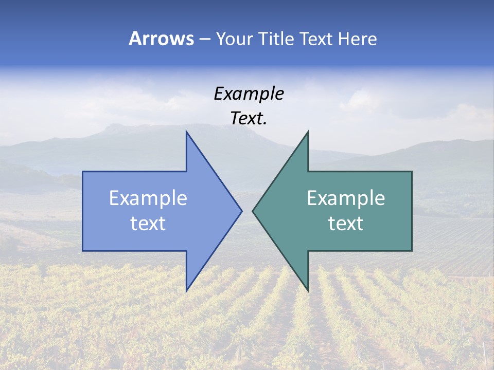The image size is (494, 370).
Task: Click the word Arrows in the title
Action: tap(161, 39)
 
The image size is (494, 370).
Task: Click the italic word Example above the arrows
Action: tap(249, 94)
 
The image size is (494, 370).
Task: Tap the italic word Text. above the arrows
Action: tap(249, 119)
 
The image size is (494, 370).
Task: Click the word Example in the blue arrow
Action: tap(148, 198)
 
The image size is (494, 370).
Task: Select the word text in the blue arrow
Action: tap(148, 224)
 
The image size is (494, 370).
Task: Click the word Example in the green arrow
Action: tap(346, 198)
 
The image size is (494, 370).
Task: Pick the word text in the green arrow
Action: tap(346, 224)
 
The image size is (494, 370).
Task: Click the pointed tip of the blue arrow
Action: tap(242, 211)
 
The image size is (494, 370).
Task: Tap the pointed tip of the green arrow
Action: tap(253, 211)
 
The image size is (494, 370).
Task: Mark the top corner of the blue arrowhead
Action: tap(186, 132)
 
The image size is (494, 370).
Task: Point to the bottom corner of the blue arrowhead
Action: tap(186, 290)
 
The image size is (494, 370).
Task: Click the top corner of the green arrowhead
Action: tap(308, 132)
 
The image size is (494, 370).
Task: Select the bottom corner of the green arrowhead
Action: tap(308, 290)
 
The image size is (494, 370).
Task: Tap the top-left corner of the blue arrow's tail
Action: tap(83, 172)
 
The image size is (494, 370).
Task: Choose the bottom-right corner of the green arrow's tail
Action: tap(412, 250)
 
